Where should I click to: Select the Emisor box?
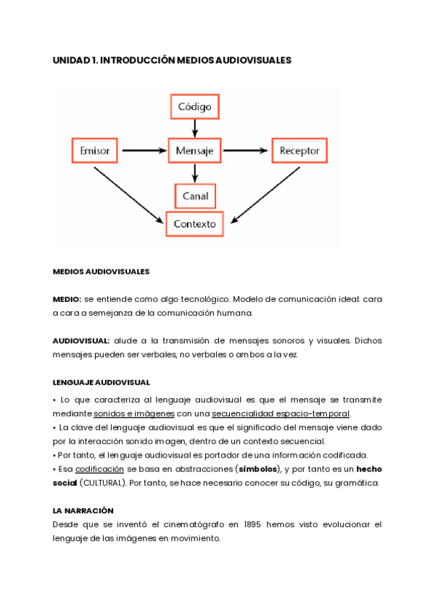click(x=95, y=151)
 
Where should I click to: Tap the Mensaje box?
click(x=194, y=151)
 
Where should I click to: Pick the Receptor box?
click(x=299, y=151)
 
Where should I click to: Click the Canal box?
click(x=195, y=195)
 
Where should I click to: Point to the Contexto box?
click(x=194, y=224)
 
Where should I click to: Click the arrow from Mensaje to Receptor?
click(x=246, y=151)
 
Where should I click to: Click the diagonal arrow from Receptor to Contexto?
click(x=266, y=193)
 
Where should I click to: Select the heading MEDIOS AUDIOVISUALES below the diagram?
click(x=101, y=272)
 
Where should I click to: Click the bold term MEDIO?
click(x=67, y=299)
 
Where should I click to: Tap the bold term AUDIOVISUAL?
click(x=81, y=340)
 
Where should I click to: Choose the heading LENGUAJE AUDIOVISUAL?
click(x=101, y=382)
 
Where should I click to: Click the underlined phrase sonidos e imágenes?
click(x=133, y=413)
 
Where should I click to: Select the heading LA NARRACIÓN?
click(x=83, y=510)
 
